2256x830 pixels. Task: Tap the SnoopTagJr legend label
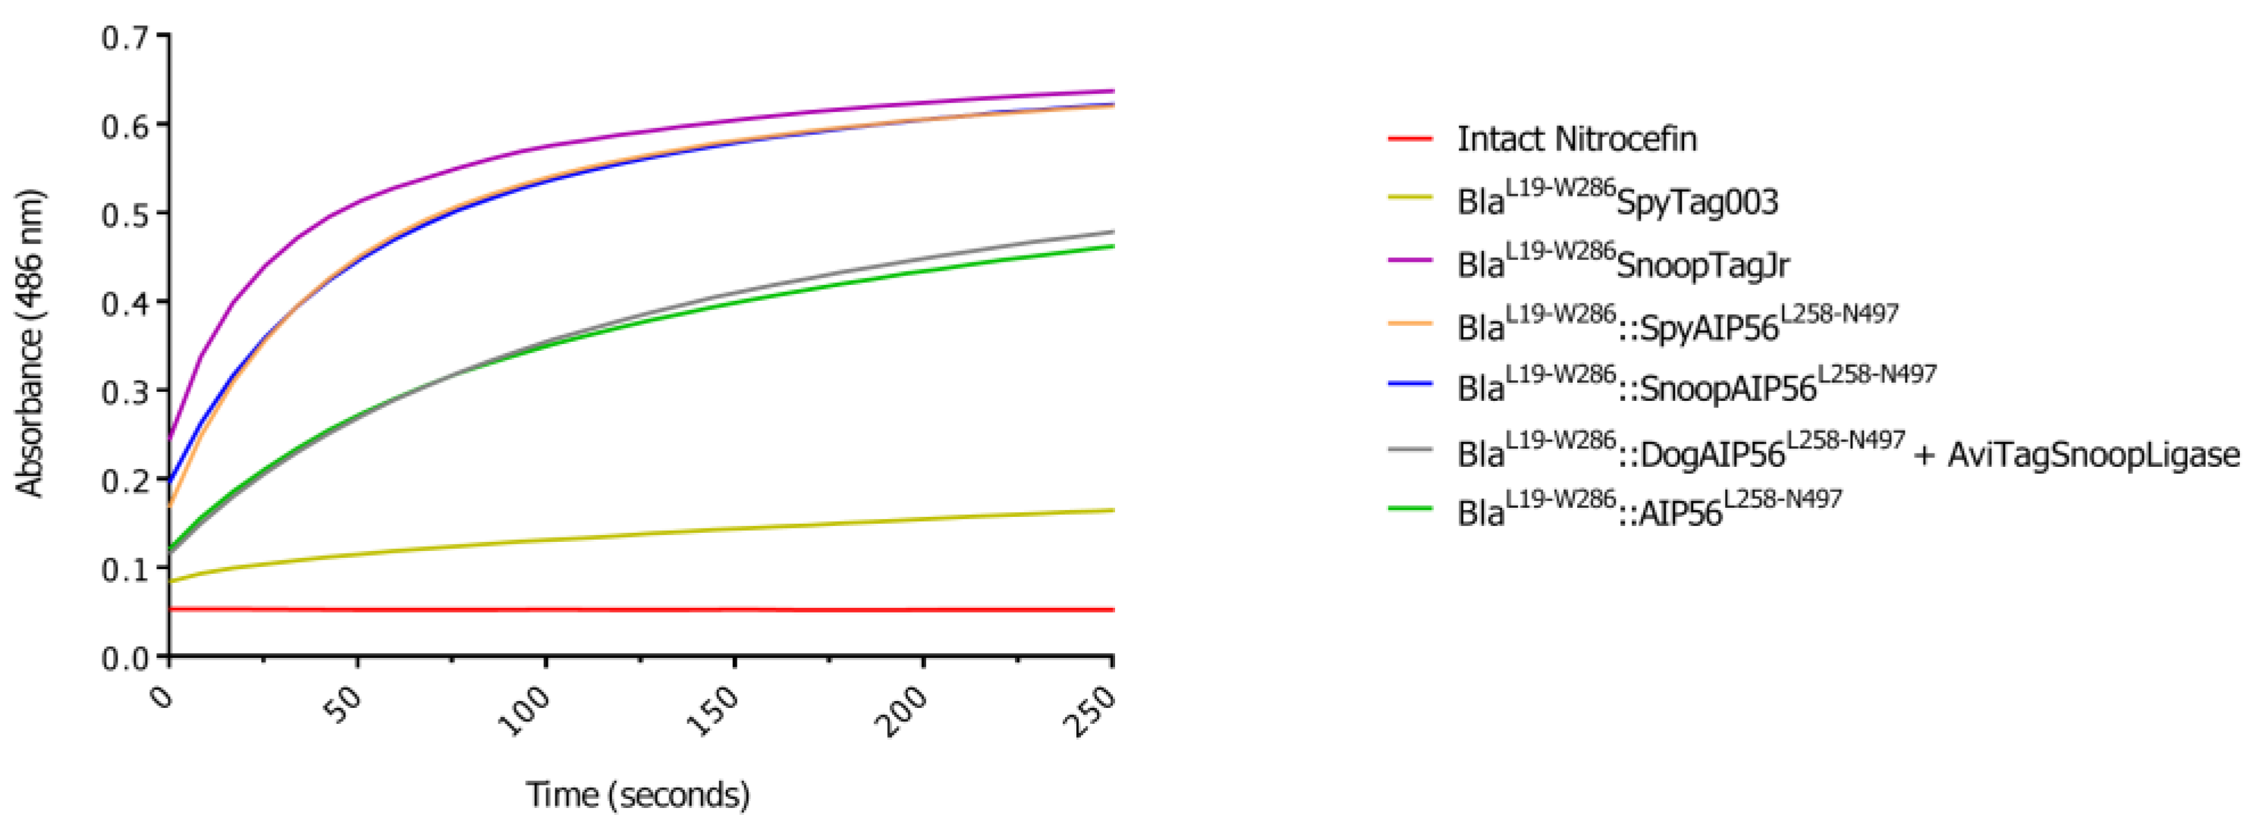point(1702,265)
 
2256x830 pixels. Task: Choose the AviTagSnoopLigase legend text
point(2093,454)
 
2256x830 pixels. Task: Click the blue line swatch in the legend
point(1410,384)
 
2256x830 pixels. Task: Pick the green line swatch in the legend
point(1410,508)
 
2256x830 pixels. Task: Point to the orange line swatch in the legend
point(1410,323)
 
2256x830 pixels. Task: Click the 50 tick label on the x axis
point(344,706)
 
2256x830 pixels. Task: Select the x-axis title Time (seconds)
point(637,795)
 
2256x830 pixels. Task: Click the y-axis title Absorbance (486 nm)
point(30,343)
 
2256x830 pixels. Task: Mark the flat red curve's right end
point(1112,609)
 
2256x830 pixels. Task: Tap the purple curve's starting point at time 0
point(170,435)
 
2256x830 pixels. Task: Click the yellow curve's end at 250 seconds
point(1112,509)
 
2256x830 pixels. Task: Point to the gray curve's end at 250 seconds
point(1112,232)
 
